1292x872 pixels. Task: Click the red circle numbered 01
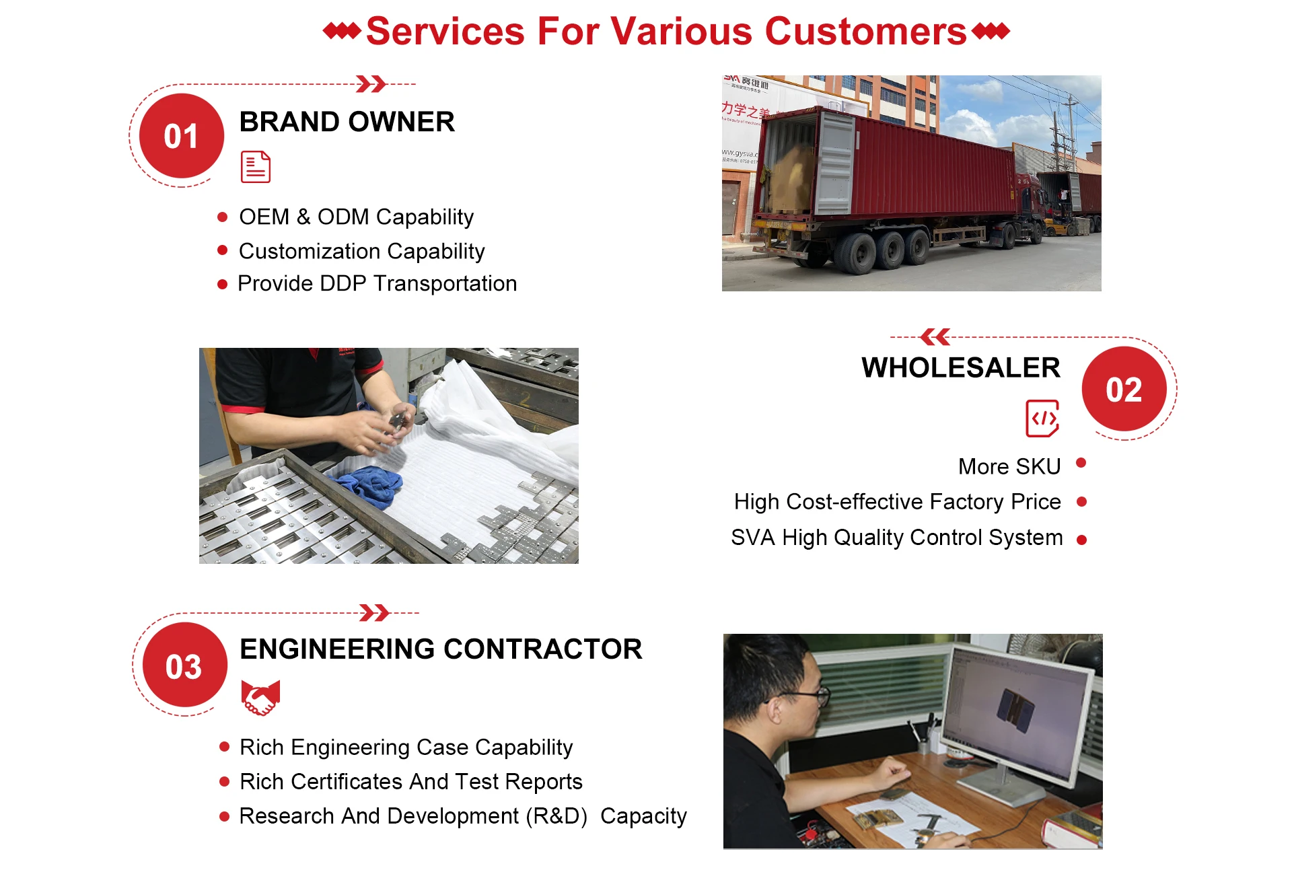tap(181, 136)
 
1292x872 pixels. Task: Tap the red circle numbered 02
tap(1124, 389)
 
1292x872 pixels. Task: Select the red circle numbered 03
tap(184, 665)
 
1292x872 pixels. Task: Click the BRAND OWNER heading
tap(347, 122)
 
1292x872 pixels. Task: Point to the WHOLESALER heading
tap(961, 367)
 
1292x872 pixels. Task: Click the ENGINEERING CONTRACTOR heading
tap(441, 649)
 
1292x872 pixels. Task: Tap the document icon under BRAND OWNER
tap(256, 167)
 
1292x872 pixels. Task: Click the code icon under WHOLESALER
tap(1042, 418)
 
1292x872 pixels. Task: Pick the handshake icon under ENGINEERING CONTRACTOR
tap(260, 698)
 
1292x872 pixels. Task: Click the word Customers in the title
tap(865, 31)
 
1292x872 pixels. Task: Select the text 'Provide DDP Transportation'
tap(378, 284)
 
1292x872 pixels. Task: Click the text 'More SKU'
tap(1009, 466)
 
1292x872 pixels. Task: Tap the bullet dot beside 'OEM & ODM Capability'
tap(223, 217)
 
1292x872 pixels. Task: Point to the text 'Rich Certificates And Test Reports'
tap(411, 781)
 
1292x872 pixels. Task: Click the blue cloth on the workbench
tap(367, 484)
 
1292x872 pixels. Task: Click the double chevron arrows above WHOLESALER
tap(935, 336)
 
